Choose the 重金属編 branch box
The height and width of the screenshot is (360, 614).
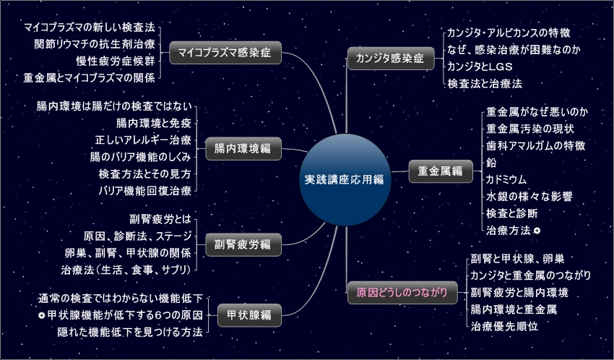pyautogui.click(x=441, y=171)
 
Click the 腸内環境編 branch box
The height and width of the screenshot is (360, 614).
pyautogui.click(x=243, y=149)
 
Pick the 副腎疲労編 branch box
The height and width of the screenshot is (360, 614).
pyautogui.click(x=243, y=244)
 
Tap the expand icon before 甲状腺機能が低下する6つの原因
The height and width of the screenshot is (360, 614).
pyautogui.click(x=41, y=316)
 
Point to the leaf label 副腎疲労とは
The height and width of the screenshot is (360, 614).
pyautogui.click(x=160, y=219)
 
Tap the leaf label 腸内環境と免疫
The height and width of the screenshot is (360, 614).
pyautogui.click(x=153, y=122)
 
